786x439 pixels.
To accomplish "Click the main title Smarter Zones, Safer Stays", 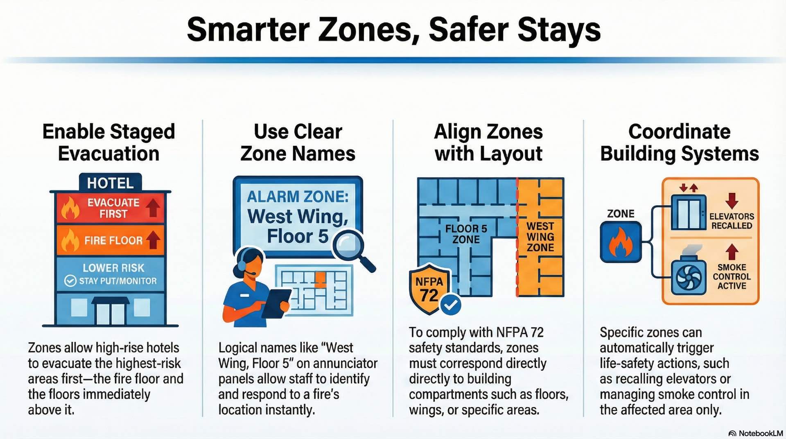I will tap(393, 29).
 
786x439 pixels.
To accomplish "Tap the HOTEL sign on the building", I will tap(110, 183).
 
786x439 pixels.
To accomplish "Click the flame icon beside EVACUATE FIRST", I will tap(70, 208).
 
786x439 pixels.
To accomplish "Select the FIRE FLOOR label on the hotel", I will tap(113, 240).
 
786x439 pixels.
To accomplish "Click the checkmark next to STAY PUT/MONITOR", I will tap(70, 281).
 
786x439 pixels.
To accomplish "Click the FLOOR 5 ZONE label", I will tap(466, 234).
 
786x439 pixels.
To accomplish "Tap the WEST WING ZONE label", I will tap(540, 237).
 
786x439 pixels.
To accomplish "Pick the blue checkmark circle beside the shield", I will tap(451, 305).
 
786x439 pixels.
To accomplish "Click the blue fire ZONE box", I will tap(620, 242).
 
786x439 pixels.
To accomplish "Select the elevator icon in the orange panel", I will tap(688, 213).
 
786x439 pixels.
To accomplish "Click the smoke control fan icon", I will tap(689, 277).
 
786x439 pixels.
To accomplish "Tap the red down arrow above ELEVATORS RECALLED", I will tap(732, 201).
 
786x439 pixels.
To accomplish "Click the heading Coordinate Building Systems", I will tap(679, 143).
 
